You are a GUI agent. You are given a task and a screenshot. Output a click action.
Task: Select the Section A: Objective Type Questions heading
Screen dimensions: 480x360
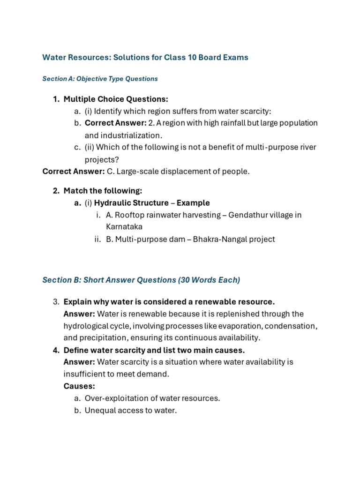(100, 79)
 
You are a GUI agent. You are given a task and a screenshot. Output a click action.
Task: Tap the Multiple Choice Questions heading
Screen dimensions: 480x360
(116, 99)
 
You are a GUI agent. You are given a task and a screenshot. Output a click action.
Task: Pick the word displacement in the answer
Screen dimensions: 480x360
(181, 171)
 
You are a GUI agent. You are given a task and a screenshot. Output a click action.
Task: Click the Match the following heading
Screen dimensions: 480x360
(103, 191)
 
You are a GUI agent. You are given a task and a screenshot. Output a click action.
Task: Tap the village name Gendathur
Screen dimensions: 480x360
(248, 215)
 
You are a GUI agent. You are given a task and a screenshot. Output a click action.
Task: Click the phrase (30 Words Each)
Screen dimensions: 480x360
(209, 280)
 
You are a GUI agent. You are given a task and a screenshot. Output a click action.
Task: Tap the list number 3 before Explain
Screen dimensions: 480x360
(56, 301)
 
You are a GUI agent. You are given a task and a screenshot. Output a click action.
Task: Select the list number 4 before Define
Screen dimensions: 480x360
(56, 350)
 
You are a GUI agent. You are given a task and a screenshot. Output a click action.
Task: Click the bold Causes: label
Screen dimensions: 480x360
(79, 386)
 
